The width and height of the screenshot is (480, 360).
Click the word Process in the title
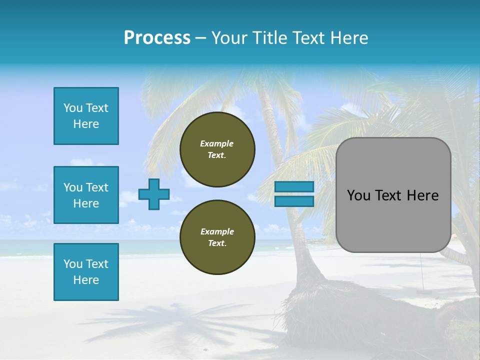click(x=157, y=38)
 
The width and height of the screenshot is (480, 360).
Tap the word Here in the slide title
click(x=348, y=38)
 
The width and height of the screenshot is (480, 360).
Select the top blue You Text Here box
click(x=86, y=116)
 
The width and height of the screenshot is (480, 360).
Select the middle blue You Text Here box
click(x=86, y=195)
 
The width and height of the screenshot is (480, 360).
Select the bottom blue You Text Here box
click(x=86, y=271)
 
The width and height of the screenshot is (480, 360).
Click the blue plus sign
click(x=154, y=194)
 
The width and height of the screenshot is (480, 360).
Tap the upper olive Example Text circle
click(x=217, y=149)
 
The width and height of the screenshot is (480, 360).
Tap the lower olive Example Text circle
click(x=217, y=237)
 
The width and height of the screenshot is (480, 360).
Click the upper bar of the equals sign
click(x=294, y=187)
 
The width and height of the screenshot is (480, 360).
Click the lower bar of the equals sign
click(x=294, y=201)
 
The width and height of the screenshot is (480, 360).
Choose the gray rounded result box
click(x=393, y=195)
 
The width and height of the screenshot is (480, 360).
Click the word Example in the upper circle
click(x=217, y=143)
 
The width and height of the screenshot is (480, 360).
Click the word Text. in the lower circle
click(x=217, y=243)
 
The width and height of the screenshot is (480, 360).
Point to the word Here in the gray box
click(x=422, y=195)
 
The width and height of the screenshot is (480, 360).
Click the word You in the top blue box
click(x=73, y=108)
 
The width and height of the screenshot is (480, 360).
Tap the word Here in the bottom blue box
click(x=86, y=280)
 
